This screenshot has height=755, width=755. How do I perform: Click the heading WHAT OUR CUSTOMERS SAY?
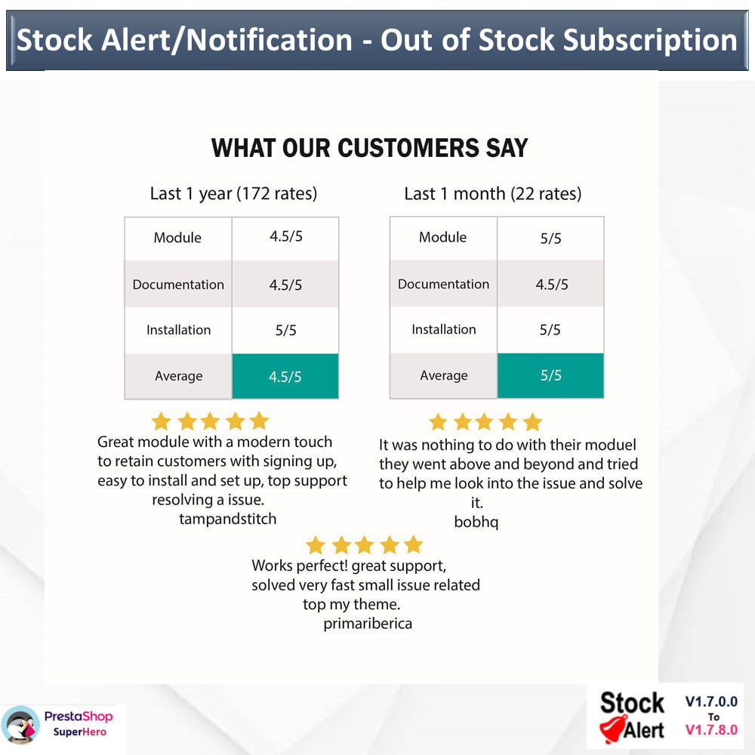pos(369,148)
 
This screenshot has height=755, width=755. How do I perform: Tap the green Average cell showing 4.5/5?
pos(285,376)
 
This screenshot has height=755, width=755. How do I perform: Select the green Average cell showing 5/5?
pos(550,375)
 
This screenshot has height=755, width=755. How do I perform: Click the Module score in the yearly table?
pos(286,236)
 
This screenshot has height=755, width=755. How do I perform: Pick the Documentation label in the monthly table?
pos(443,284)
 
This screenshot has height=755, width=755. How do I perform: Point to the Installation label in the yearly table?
pos(179,330)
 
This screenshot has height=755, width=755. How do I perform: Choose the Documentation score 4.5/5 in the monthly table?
pos(552,285)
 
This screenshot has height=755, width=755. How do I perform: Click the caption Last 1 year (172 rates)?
pos(233,193)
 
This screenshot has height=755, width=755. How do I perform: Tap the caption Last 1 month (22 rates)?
pos(492,193)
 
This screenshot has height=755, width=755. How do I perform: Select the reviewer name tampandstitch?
pos(228,519)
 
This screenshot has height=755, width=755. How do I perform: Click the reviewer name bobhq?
pos(476,522)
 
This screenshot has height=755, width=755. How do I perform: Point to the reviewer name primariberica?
pos(368,624)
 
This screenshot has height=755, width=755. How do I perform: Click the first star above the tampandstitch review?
pos(162,421)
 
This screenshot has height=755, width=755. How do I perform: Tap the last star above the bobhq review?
pos(532,422)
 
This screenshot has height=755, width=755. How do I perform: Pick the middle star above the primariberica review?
pos(364,545)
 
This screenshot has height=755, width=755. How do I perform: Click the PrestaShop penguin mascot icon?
pos(20,725)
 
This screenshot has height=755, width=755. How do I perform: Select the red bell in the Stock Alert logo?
pos(612,729)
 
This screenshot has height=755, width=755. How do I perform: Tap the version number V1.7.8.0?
pos(711,730)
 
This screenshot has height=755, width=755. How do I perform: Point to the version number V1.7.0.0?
pos(711,701)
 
